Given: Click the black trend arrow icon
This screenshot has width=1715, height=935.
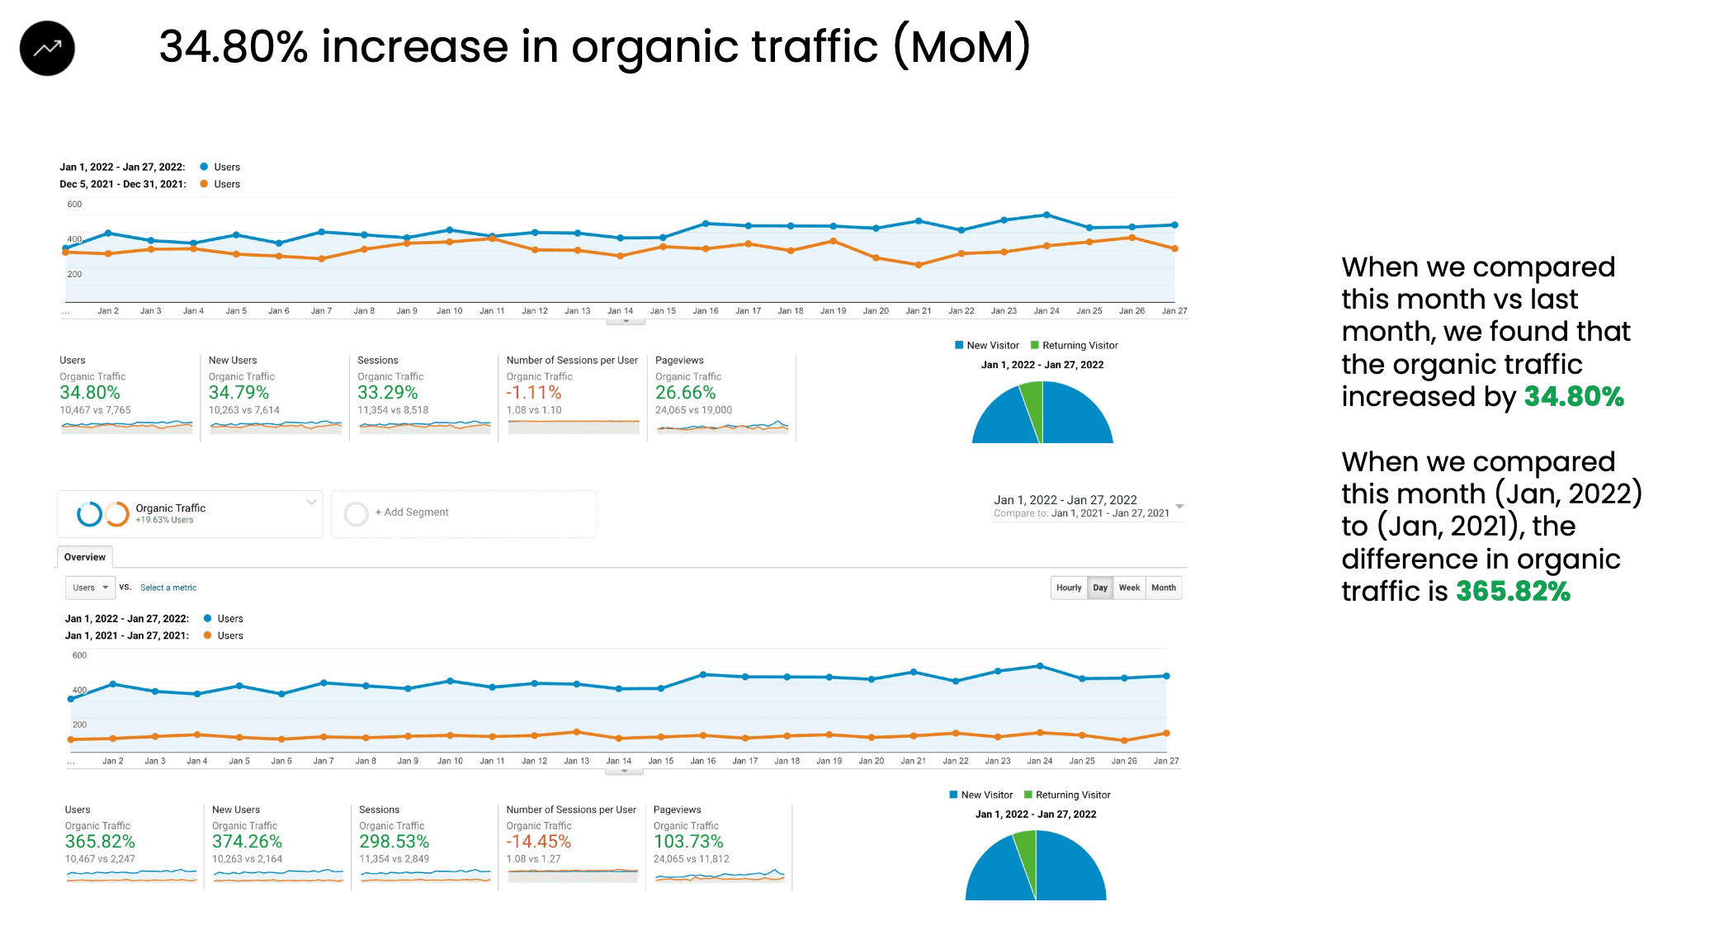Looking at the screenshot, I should [47, 49].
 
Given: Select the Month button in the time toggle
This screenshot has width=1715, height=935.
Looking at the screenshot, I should [1163, 588].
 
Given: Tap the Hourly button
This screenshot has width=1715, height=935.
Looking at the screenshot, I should [1068, 588].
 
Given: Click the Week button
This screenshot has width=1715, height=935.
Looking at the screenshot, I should [1129, 588].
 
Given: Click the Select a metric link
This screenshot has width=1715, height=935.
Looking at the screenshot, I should [168, 588].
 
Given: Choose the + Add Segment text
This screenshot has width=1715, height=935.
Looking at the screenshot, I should [412, 512].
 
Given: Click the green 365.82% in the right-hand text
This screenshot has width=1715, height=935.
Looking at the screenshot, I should [1513, 592].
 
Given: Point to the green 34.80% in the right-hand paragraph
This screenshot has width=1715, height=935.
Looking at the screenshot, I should [1573, 397].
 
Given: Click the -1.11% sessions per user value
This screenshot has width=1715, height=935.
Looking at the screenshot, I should [533, 393].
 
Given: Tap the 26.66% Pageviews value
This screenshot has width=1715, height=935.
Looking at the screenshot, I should [685, 393].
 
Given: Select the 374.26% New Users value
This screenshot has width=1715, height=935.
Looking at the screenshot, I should [247, 842].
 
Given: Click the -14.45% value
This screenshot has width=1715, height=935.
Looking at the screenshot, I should [538, 842].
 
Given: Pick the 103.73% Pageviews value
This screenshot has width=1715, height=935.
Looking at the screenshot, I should [688, 842].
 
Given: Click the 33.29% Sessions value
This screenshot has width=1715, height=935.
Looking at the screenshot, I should [387, 393].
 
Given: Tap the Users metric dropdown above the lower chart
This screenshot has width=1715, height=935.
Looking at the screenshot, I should [90, 588].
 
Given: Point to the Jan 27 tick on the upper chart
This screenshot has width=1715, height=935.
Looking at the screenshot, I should [1174, 311].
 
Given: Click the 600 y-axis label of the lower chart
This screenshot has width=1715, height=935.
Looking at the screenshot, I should [79, 655].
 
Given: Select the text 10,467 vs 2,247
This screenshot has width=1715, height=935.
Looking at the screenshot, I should [100, 859].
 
